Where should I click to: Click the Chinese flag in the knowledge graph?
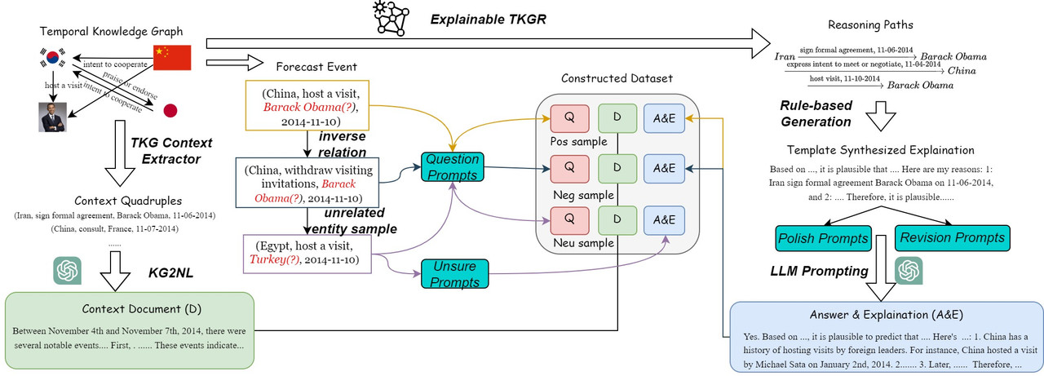(171, 57)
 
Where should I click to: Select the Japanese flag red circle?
(170, 110)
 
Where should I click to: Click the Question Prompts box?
(452, 166)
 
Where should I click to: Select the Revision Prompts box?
(950, 238)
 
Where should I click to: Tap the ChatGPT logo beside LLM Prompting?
(909, 269)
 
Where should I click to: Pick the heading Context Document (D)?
(130, 309)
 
